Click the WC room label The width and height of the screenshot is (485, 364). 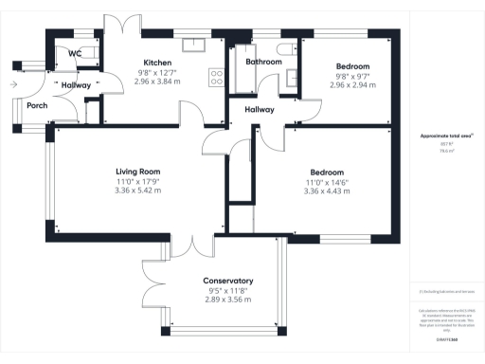pos(74,54)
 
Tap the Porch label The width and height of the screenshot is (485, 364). pos(37,105)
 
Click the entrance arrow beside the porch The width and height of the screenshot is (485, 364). pos(11,84)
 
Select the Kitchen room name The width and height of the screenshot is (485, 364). pos(157,63)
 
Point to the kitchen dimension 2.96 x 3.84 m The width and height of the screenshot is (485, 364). pos(157,82)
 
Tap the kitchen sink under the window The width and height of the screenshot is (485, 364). pos(197,44)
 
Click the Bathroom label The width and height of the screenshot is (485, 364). pos(263,63)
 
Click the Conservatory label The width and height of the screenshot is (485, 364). pos(228,282)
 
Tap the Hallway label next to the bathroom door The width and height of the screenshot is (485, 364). pos(259,110)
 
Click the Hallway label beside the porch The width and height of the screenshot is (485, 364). pos(76,85)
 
